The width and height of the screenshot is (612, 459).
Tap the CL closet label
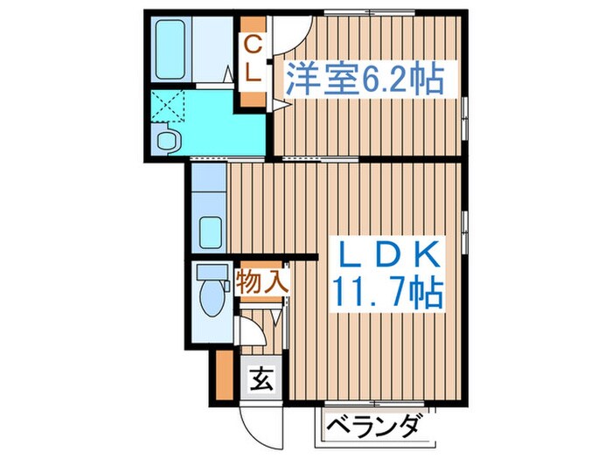pos(251,58)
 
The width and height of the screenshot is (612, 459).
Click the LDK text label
pos(385,254)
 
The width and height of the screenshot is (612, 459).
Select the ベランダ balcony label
pos(379,428)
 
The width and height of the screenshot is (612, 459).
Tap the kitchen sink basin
pos(210,233)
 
